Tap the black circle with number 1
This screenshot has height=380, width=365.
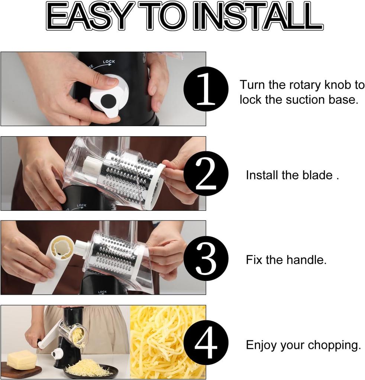pos(206,89)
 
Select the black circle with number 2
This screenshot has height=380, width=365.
pos(206,174)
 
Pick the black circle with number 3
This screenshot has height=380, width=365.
pos(206,258)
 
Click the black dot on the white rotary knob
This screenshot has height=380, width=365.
pos(109,100)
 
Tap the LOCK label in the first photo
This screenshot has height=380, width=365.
pos(109,62)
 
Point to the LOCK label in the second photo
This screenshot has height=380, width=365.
pos(81,205)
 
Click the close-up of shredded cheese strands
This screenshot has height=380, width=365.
pos(167,341)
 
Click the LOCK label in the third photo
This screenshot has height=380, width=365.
pos(102,292)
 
